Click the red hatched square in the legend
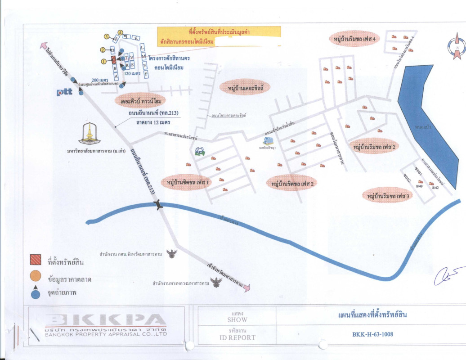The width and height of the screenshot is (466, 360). [x=36, y=261]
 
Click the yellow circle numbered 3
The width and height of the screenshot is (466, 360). [x=106, y=36]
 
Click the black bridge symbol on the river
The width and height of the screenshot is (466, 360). [x=157, y=206]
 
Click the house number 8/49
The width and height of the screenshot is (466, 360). [x=420, y=185]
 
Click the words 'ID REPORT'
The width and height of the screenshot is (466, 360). [x=237, y=337]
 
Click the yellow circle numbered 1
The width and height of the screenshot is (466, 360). [x=104, y=61]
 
